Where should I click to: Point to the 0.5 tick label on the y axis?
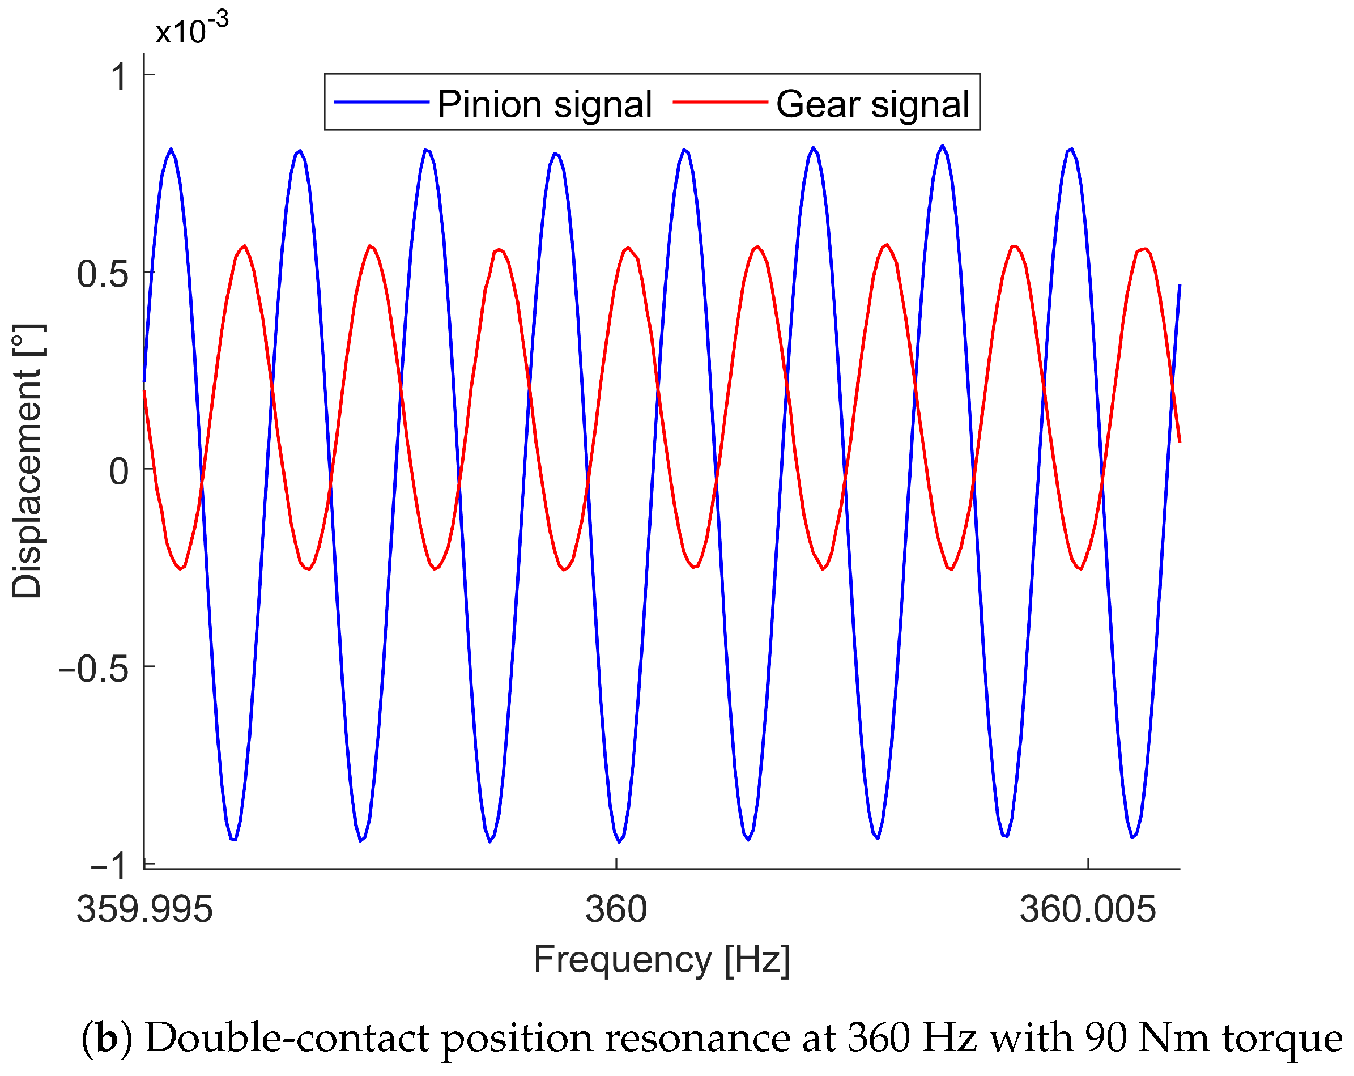tap(103, 274)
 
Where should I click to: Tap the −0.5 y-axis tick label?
tap(93, 669)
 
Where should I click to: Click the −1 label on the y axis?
tap(109, 866)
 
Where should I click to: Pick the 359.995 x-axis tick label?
tap(144, 909)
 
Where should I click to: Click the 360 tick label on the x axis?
tap(615, 909)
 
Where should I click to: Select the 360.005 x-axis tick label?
tap(1087, 909)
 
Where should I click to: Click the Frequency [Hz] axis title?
tap(661, 960)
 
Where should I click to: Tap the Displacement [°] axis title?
tap(27, 462)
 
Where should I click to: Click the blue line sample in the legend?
tap(381, 103)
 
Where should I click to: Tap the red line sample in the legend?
tap(720, 103)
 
